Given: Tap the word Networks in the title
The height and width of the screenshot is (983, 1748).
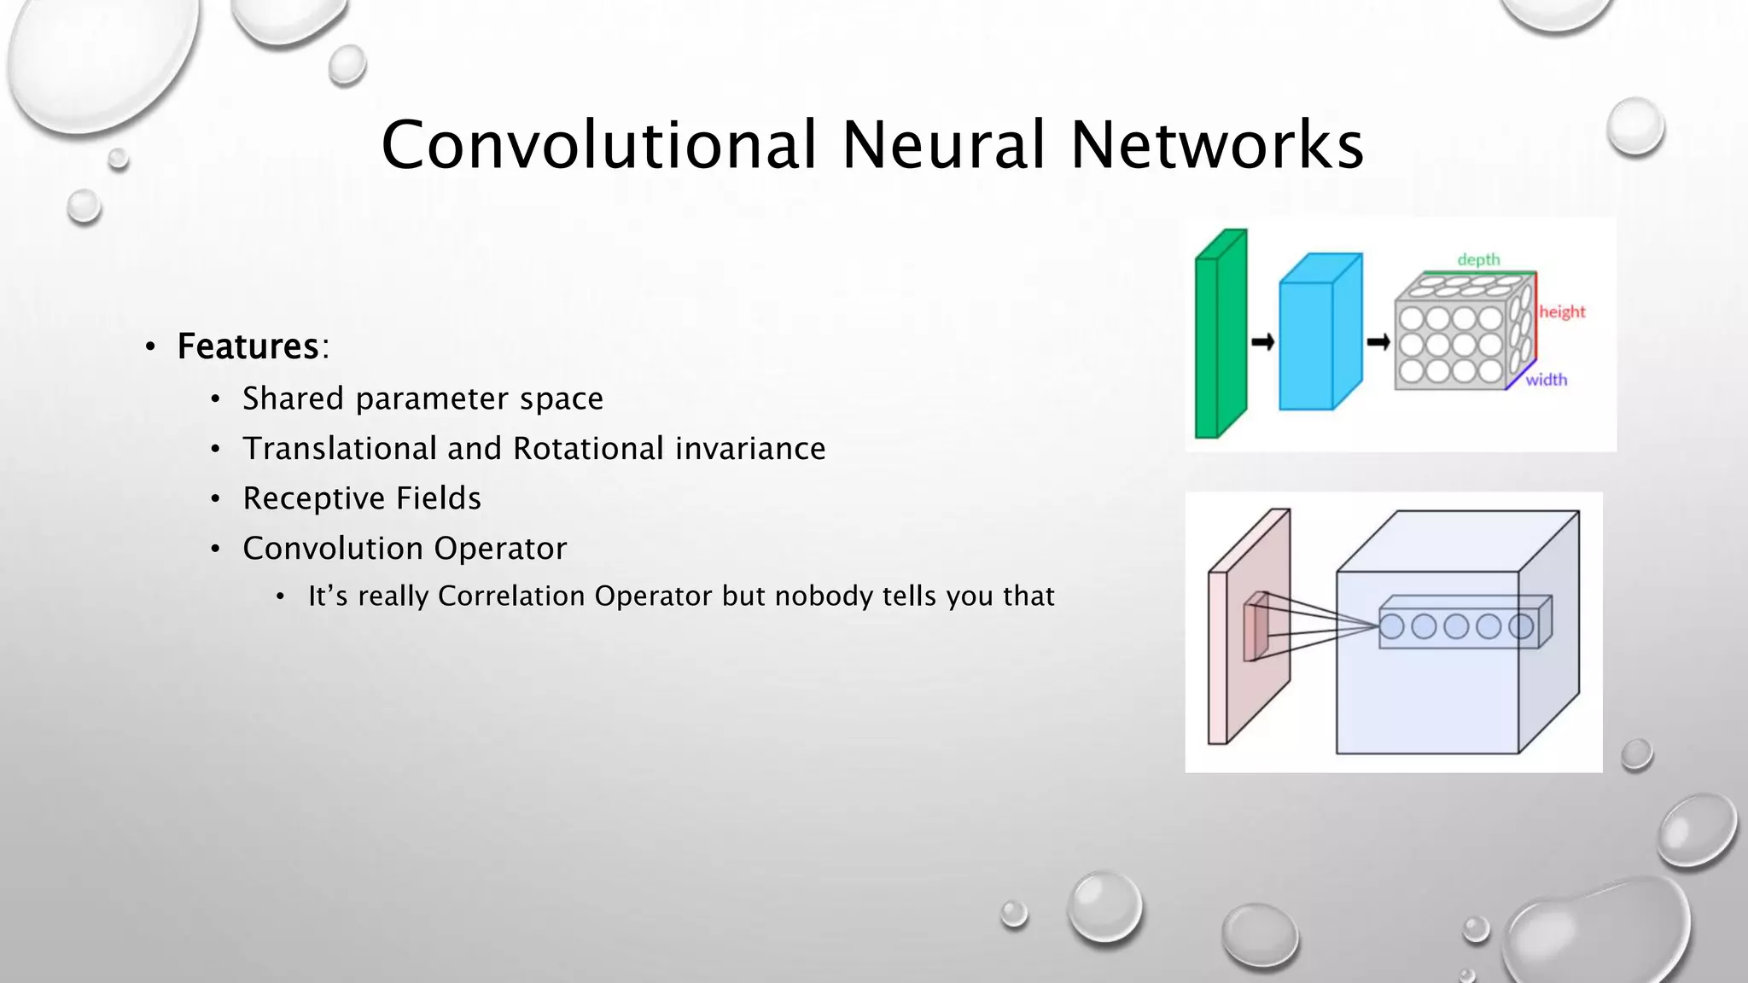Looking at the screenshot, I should point(1216,144).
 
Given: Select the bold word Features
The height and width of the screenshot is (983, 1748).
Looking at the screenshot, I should point(248,346).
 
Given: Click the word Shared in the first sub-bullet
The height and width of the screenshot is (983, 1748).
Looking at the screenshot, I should point(293,398).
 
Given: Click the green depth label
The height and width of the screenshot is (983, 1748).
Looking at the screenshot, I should point(1478,259).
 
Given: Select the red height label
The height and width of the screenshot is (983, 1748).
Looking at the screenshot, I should point(1562,311).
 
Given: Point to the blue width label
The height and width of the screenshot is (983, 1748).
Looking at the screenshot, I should point(1546,380).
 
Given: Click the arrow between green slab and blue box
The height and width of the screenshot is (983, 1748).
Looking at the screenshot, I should point(1262,342).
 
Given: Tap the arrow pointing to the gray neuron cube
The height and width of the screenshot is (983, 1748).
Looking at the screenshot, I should point(1378,342).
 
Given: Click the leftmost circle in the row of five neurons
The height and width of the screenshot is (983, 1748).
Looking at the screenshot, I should point(1392,627).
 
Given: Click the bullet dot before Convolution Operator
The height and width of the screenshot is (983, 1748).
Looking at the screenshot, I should point(216,549).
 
